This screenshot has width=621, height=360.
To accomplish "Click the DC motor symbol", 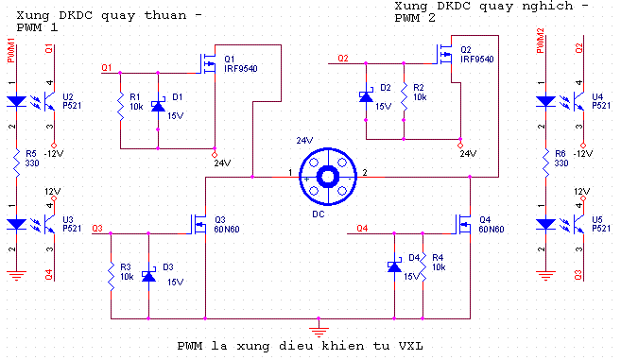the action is [x=328, y=177].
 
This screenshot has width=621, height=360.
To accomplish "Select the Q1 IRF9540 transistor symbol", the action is [x=208, y=63].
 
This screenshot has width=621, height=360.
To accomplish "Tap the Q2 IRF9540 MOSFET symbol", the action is [x=444, y=54].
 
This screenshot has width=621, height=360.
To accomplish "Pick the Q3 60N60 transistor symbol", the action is [x=198, y=225].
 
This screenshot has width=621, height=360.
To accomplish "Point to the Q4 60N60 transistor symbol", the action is [x=463, y=225].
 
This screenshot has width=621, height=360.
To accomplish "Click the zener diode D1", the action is [x=159, y=106].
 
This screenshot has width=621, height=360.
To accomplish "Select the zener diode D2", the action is [x=366, y=96].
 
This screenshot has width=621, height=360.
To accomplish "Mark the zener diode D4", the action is [x=394, y=266].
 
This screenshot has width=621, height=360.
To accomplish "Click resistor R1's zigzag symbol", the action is [x=121, y=106].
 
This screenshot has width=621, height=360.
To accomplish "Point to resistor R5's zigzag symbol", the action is [x=17, y=163].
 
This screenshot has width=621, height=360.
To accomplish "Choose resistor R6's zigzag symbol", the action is [x=545, y=163].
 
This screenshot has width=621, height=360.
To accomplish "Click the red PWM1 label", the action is [x=11, y=51].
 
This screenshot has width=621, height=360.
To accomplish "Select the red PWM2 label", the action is [x=541, y=41].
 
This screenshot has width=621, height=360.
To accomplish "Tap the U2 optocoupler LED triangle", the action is [x=17, y=101].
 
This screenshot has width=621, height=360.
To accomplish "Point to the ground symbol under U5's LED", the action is [x=545, y=275].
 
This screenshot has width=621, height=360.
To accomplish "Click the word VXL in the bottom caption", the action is [x=411, y=346].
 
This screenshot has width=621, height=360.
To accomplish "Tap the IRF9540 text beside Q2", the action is [x=477, y=60].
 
